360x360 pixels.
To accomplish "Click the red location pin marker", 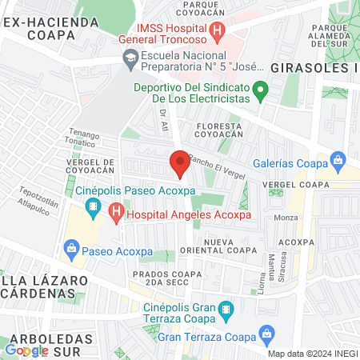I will pyautogui.click(x=180, y=162).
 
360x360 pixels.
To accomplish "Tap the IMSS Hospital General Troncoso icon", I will pyautogui.click(x=217, y=32).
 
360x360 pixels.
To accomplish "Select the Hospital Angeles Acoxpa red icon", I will pyautogui.click(x=117, y=214).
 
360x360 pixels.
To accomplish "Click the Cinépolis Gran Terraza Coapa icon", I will pyautogui.click(x=226, y=308).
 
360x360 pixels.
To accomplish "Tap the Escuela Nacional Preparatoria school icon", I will pyautogui.click(x=130, y=58).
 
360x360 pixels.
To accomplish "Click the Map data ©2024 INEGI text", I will pyautogui.click(x=312, y=354).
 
